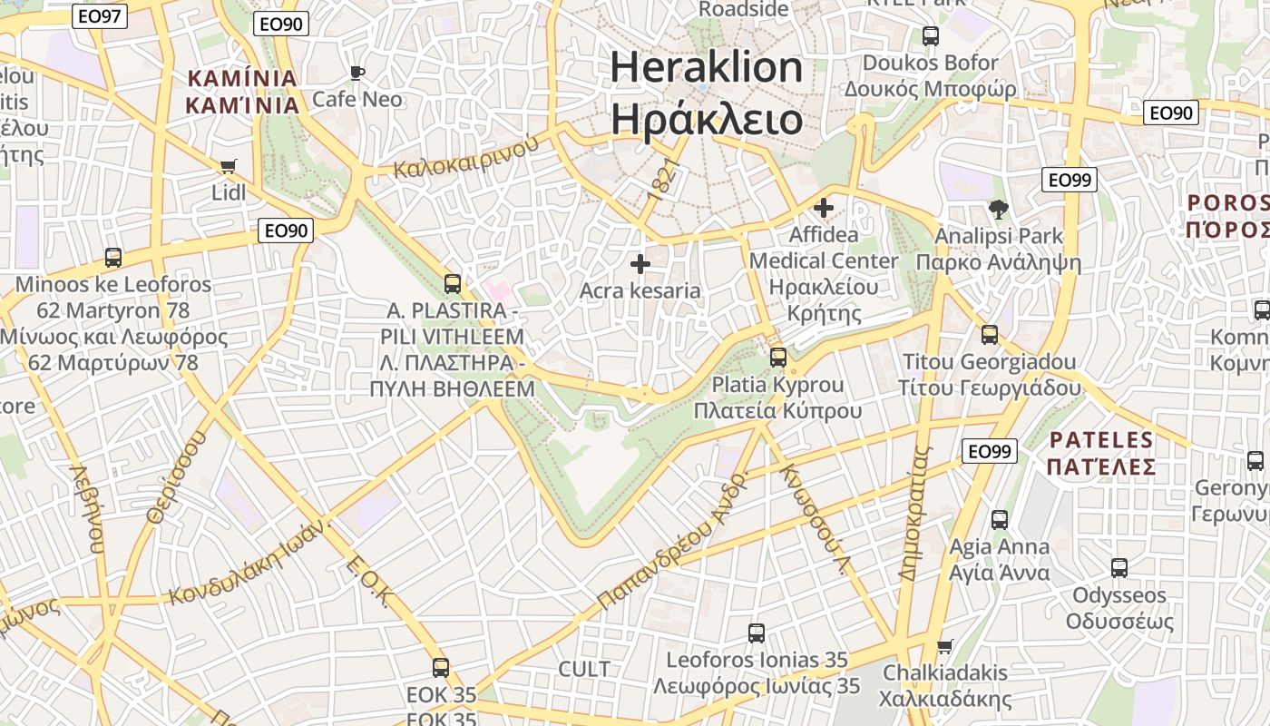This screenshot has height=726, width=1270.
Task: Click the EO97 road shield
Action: (x=100, y=16)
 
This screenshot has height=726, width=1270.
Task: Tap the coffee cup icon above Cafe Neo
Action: (x=357, y=73)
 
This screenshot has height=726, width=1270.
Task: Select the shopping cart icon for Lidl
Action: (x=228, y=166)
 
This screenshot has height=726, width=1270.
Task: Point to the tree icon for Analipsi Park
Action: (x=999, y=210)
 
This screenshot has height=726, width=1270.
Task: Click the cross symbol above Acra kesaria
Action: (x=640, y=264)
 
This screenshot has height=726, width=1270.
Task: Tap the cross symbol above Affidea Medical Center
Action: (x=824, y=208)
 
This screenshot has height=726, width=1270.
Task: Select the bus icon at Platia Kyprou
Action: (x=778, y=358)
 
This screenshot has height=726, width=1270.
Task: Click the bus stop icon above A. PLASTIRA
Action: (x=453, y=284)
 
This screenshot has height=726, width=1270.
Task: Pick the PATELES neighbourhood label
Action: (x=1101, y=441)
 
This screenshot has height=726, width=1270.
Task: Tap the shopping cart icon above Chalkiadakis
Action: (x=945, y=646)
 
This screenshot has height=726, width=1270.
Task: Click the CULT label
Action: (x=584, y=670)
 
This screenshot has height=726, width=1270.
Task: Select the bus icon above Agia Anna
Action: (x=1000, y=520)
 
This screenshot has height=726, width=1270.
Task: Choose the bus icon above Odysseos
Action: (x=1119, y=568)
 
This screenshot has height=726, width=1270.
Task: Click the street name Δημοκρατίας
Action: (x=915, y=513)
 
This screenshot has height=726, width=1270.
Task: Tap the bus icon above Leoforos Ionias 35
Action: (x=757, y=633)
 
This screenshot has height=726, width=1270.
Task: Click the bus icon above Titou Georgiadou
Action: (x=990, y=335)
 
